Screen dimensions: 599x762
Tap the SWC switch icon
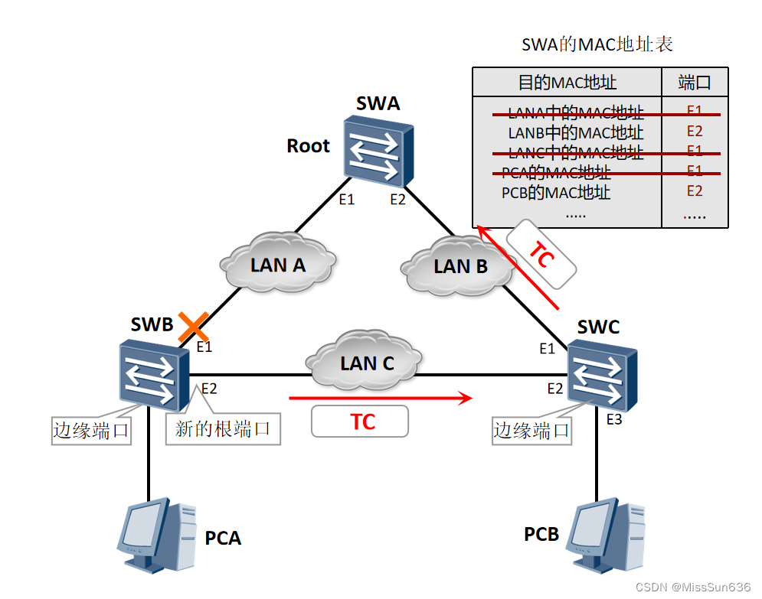click(602, 377)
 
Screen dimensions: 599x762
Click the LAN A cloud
click(278, 265)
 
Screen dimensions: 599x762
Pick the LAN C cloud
click(367, 363)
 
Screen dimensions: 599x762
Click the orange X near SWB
click(194, 327)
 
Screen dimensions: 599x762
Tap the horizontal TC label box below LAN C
click(360, 422)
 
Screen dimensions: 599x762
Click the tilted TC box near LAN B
click(541, 256)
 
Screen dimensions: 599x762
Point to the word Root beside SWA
click(308, 146)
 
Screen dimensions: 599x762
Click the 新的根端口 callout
click(223, 428)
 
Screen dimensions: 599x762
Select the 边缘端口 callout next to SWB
click(90, 430)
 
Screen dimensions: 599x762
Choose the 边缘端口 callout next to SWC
click(531, 430)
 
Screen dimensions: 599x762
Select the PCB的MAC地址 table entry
click(556, 192)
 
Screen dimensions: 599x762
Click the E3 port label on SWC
click(614, 418)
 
